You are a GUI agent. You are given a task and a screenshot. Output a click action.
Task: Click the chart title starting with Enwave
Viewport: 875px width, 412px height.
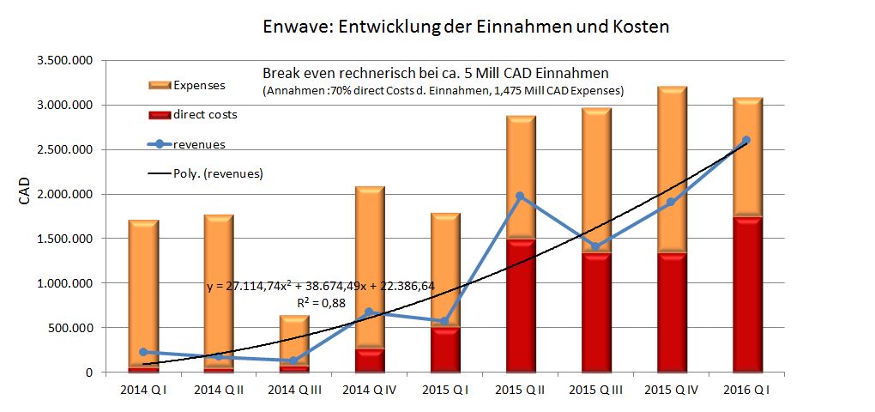point(466,27)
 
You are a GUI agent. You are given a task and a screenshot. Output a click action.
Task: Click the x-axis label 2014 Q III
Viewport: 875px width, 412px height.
point(294,391)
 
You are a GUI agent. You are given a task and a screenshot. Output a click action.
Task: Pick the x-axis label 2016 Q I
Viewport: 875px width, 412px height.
point(745,391)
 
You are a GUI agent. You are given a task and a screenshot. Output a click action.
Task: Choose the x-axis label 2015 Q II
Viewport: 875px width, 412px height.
point(520,391)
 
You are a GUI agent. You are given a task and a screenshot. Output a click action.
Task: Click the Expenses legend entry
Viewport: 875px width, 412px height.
point(198,85)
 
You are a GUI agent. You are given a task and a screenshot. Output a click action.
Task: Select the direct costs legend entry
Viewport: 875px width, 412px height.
point(205,114)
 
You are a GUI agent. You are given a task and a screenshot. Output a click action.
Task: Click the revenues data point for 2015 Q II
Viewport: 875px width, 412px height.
point(520,197)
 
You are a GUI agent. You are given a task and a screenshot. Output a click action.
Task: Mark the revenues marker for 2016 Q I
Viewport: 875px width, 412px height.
point(745,140)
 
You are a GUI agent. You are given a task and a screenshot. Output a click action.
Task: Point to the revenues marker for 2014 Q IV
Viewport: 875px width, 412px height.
point(369,312)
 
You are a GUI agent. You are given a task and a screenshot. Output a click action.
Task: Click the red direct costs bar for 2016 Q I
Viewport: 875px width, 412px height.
point(745,292)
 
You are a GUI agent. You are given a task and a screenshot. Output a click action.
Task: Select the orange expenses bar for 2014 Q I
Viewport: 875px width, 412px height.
point(143,292)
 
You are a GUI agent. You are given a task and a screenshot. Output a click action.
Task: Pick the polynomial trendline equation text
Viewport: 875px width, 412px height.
point(321,286)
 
